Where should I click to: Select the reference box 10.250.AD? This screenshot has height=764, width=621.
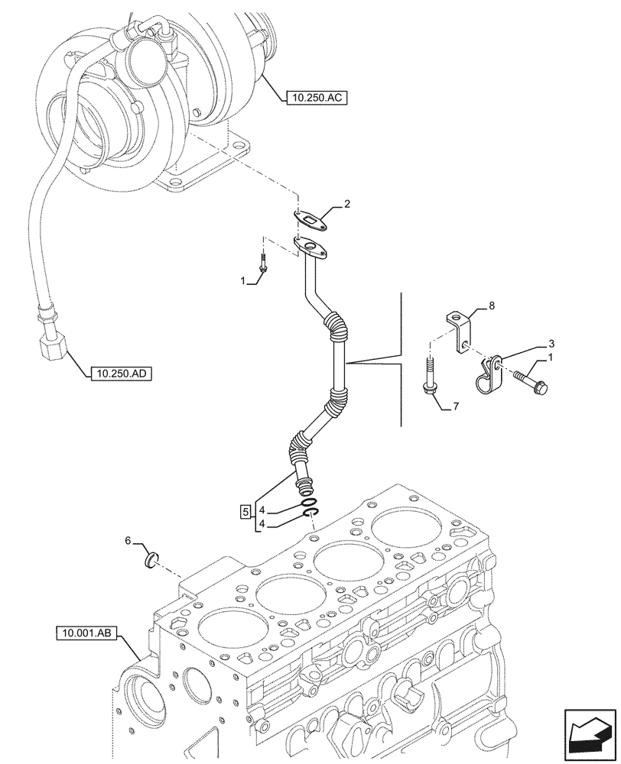[x=119, y=374]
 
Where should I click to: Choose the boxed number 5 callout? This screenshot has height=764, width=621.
[x=245, y=511]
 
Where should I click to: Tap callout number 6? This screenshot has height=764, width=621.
[x=128, y=541]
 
